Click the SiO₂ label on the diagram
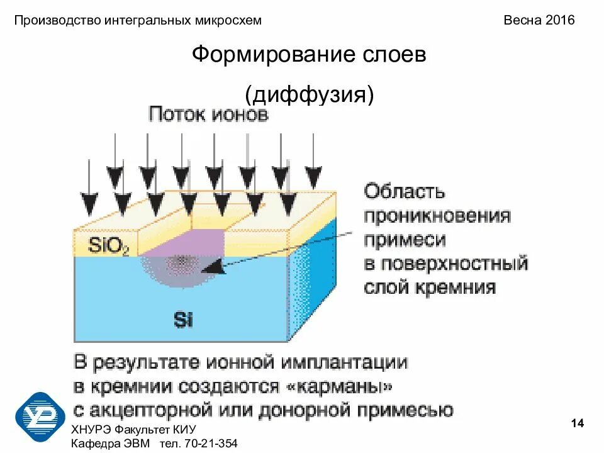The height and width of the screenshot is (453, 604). click(108, 245)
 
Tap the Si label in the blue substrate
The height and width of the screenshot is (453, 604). click(183, 320)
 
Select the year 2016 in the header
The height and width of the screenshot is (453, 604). click(560, 20)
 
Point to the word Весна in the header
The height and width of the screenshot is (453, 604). click(522, 20)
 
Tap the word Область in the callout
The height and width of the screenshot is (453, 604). click(405, 191)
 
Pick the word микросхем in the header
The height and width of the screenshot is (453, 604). click(227, 20)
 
